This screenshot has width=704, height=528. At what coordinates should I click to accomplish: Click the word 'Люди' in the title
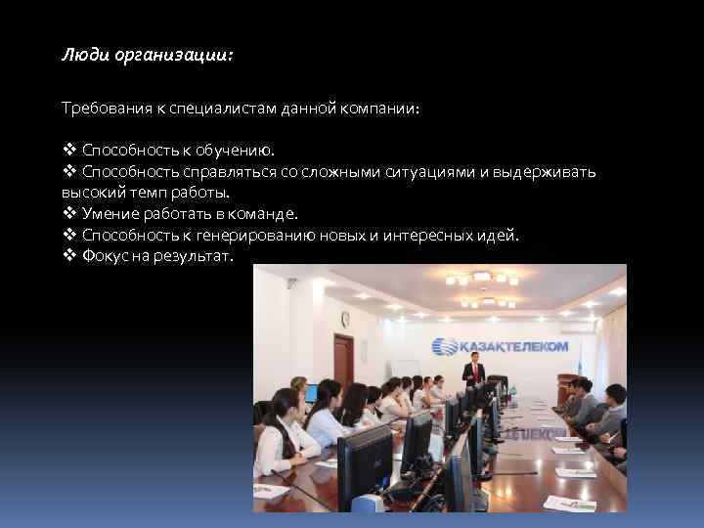click(80, 57)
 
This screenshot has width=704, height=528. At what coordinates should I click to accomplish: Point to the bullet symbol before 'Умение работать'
click(68, 213)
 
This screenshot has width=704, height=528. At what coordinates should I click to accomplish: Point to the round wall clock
click(344, 318)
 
